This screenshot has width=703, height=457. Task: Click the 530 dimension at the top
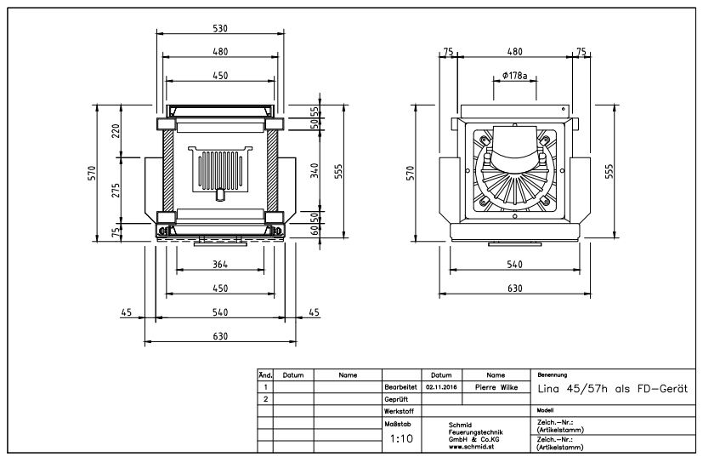pyautogui.click(x=220, y=28)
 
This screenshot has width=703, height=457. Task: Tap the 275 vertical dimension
pyautogui.click(x=116, y=189)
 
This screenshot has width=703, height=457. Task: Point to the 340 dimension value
pyautogui.click(x=314, y=171)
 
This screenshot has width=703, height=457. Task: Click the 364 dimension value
pyautogui.click(x=220, y=265)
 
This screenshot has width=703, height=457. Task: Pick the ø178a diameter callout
pyautogui.click(x=515, y=76)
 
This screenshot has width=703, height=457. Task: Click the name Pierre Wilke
pyautogui.click(x=496, y=386)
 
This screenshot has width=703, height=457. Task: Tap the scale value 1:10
pyautogui.click(x=401, y=440)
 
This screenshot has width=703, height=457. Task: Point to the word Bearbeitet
pyautogui.click(x=400, y=386)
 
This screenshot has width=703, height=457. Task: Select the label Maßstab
pyautogui.click(x=398, y=423)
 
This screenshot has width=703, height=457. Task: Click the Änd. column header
pyautogui.click(x=264, y=374)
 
